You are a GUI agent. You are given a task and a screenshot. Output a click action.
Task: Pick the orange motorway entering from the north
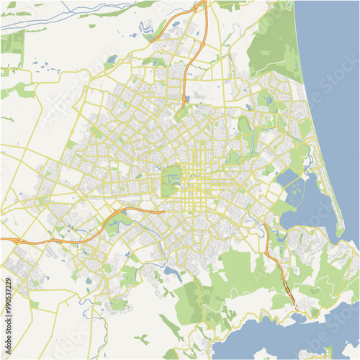pyautogui.click(x=191, y=50)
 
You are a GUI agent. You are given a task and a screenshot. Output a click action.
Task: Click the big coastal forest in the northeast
pyautogui.click(x=277, y=43)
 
